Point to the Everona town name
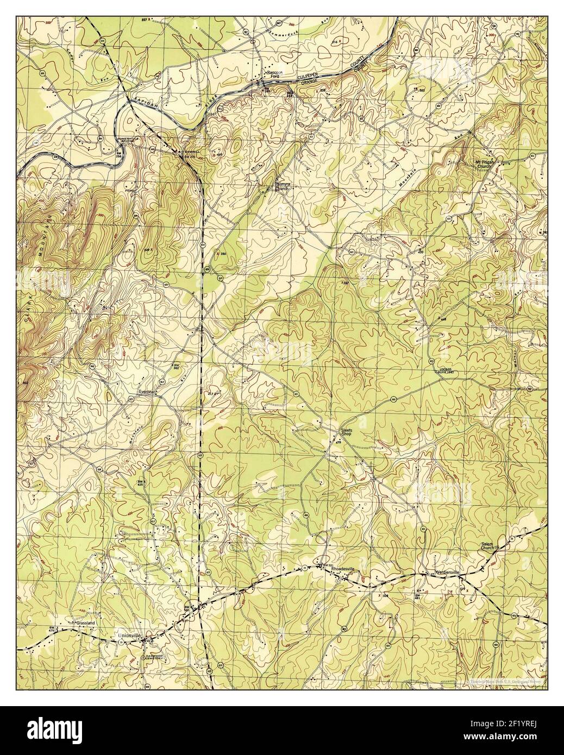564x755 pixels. tap(146, 391)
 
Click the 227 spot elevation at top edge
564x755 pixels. tap(143, 20)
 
